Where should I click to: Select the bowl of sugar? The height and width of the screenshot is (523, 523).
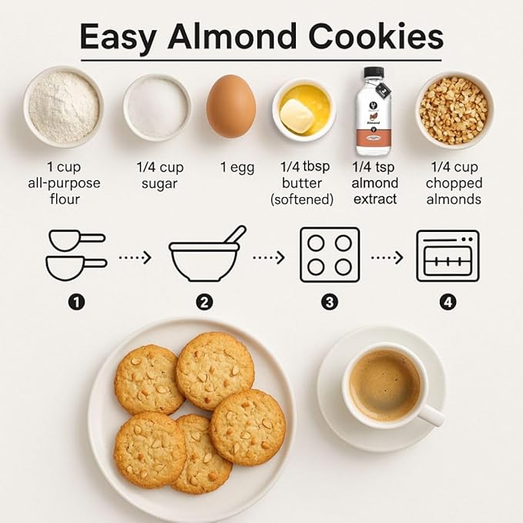(157, 107)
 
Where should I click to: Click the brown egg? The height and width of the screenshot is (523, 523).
(231, 106)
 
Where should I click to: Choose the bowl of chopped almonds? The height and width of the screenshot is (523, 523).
(454, 109)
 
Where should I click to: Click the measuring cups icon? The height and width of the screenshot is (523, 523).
(75, 255)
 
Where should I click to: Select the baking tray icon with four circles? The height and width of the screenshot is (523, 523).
(329, 255)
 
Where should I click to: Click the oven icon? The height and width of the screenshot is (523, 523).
(448, 256)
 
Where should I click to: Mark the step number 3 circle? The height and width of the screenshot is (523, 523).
(330, 302)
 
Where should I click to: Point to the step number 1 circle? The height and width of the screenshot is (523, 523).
(76, 302)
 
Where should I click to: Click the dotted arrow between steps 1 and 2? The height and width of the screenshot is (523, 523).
(136, 257)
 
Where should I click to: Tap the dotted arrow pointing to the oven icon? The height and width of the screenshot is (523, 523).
(387, 257)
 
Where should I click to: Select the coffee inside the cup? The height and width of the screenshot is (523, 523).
(384, 384)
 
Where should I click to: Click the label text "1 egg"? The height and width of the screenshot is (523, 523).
(237, 168)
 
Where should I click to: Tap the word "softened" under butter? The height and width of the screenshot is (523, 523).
(302, 199)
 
